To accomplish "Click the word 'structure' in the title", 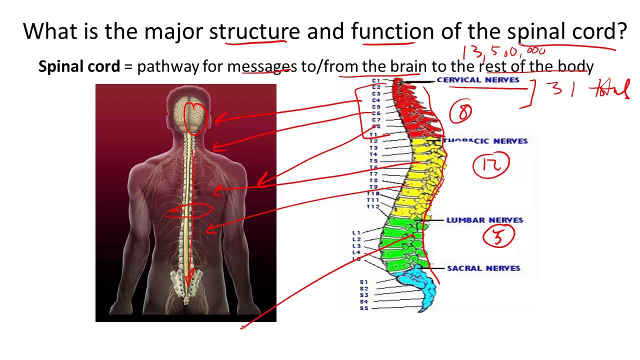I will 254,31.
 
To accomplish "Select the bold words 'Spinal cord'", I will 79,66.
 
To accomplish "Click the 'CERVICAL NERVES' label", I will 478,80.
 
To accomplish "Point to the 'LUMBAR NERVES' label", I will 484,220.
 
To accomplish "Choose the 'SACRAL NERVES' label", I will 483,268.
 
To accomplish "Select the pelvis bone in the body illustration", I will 185,285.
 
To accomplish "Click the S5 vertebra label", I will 363,308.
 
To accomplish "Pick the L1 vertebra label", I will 356,233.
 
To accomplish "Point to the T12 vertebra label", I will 373,207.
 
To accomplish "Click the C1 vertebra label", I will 376,80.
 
